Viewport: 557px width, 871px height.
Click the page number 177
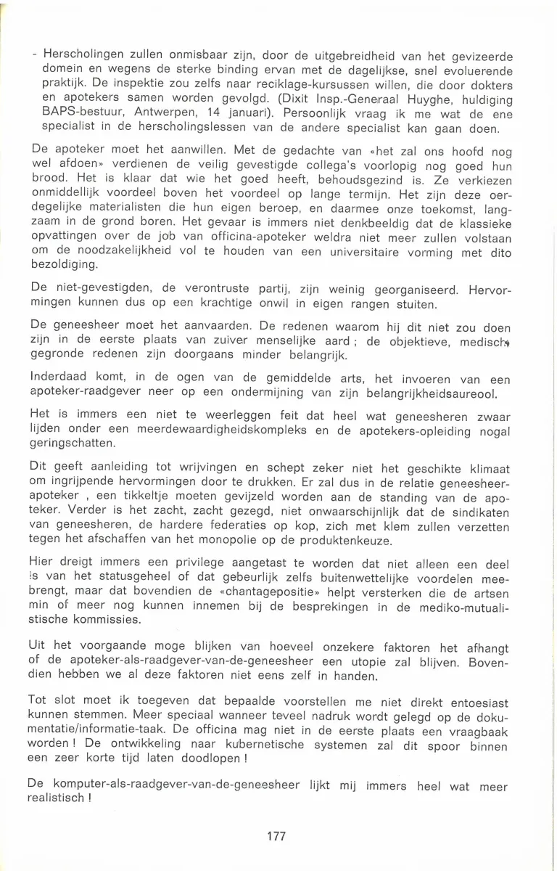[276, 836]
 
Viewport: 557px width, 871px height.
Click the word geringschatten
[76, 445]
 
